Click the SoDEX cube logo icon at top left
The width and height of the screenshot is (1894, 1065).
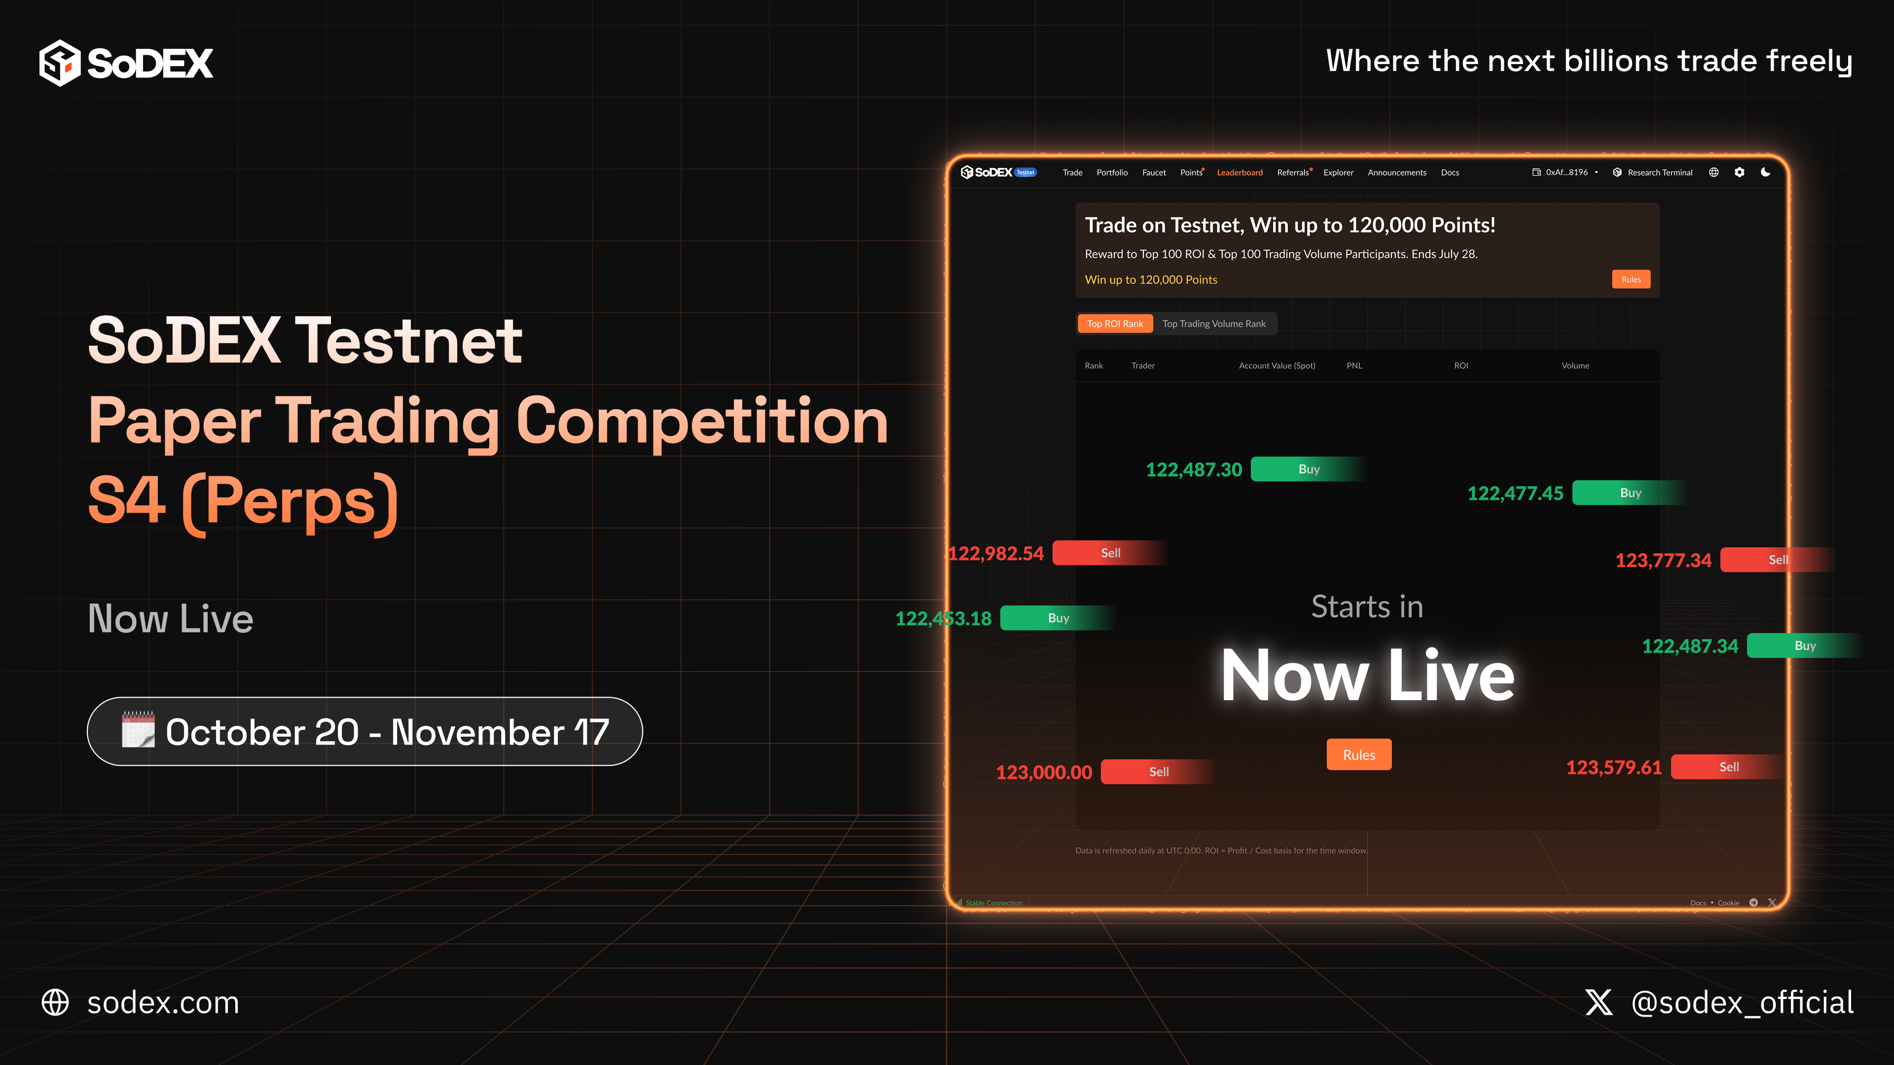pyautogui.click(x=60, y=63)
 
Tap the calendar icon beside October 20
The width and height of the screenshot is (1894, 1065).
pyautogui.click(x=138, y=730)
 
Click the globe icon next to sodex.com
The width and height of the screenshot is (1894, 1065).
pyautogui.click(x=55, y=1002)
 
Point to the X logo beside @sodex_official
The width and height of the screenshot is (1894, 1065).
pyautogui.click(x=1599, y=1002)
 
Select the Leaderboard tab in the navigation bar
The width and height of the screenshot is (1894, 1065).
pyautogui.click(x=1239, y=173)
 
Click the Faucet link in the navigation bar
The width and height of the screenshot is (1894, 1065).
pyautogui.click(x=1154, y=173)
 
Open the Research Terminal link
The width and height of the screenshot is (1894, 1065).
pyautogui.click(x=1659, y=173)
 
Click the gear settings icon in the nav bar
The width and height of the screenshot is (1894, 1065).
pyautogui.click(x=1739, y=173)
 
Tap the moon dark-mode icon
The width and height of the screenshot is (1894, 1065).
pyautogui.click(x=1765, y=172)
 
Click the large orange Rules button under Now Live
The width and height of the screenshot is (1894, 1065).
pyautogui.click(x=1359, y=755)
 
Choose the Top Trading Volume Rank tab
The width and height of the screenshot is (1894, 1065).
pyautogui.click(x=1214, y=324)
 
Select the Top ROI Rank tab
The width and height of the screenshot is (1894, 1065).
pyautogui.click(x=1115, y=324)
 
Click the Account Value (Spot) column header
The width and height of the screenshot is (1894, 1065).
pyautogui.click(x=1277, y=366)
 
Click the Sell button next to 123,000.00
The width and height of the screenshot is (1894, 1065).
pyautogui.click(x=1158, y=772)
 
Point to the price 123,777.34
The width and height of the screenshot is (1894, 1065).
pyautogui.click(x=1663, y=561)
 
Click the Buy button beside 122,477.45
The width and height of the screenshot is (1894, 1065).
pyautogui.click(x=1630, y=493)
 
